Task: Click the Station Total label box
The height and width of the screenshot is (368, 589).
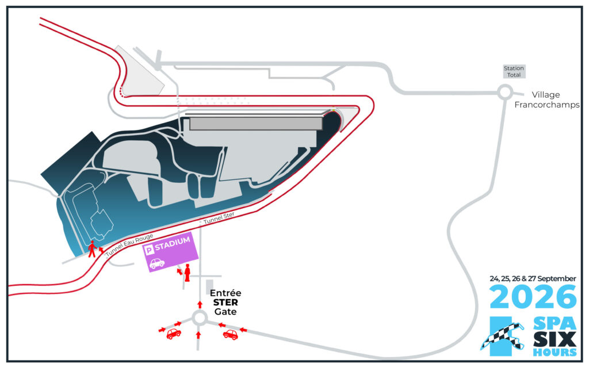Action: (514, 71)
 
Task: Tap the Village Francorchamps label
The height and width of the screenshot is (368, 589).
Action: (546, 99)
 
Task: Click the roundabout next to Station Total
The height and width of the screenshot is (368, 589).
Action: (505, 93)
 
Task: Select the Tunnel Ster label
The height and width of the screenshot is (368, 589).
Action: (219, 218)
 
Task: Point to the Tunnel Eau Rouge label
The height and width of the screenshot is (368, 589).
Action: (129, 245)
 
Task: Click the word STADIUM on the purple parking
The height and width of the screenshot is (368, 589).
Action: (173, 243)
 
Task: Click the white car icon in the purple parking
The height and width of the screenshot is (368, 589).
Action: (157, 263)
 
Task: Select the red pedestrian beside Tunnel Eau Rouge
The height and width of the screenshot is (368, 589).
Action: (91, 249)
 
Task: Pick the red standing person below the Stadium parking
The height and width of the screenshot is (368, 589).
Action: (187, 273)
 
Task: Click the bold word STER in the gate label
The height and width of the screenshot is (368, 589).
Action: (225, 302)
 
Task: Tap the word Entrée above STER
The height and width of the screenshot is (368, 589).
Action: (225, 293)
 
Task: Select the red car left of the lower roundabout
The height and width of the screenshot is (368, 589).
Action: (174, 333)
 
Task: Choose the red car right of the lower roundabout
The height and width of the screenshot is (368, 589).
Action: (230, 334)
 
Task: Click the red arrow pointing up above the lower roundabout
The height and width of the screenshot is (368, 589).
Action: (200, 304)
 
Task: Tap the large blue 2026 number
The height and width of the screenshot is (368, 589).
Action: (533, 296)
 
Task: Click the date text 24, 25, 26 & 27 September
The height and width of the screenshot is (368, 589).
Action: (533, 279)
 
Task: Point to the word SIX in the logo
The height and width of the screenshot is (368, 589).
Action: (555, 339)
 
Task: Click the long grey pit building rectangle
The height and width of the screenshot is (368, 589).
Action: (256, 124)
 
